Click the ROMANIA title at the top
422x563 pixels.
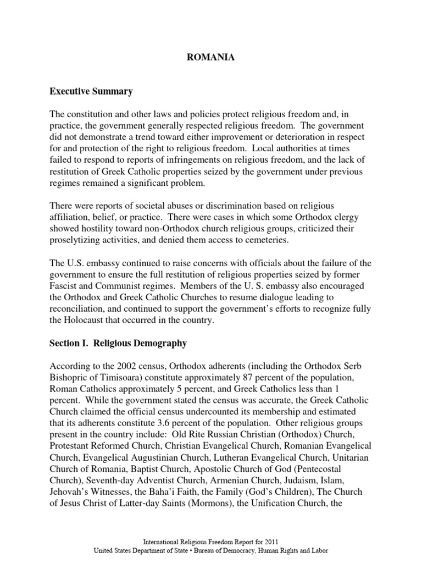[x=211, y=57]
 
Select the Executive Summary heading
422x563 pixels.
[x=91, y=91]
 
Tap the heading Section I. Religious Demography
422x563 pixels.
[x=118, y=344]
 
